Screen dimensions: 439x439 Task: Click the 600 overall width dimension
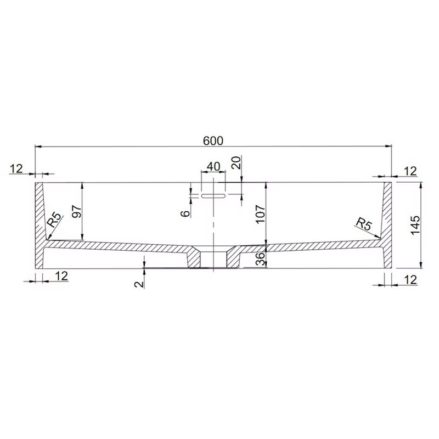[213, 140]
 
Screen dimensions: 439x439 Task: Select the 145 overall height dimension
[415, 225]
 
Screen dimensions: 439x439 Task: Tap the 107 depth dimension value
[260, 213]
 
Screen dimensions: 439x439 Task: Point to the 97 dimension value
[77, 211]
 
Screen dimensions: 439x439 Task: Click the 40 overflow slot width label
[213, 166]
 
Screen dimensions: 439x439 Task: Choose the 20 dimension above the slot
[237, 162]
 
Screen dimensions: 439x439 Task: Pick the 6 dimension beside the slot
[185, 213]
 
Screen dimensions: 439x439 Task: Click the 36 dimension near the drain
[261, 259]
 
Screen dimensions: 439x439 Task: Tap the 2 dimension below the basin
[139, 284]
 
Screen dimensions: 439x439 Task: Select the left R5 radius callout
[54, 219]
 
